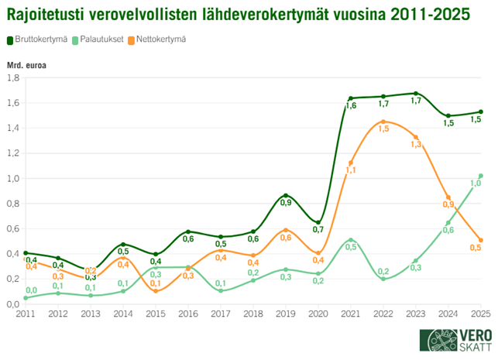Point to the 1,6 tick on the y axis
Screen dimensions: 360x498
[x=13, y=102]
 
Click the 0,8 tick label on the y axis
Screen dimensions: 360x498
[x=13, y=204]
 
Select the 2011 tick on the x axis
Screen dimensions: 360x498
[x=26, y=314]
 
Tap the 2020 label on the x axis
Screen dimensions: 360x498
[x=318, y=314]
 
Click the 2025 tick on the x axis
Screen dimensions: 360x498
[x=480, y=314]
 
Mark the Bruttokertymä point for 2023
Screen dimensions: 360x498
[x=416, y=94]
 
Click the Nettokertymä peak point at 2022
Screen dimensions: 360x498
[x=383, y=122]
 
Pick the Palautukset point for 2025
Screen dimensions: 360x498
[x=480, y=176]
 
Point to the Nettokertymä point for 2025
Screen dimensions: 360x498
[x=480, y=240]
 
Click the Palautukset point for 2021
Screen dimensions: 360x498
[x=351, y=240]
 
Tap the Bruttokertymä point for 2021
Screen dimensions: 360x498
[x=351, y=98]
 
